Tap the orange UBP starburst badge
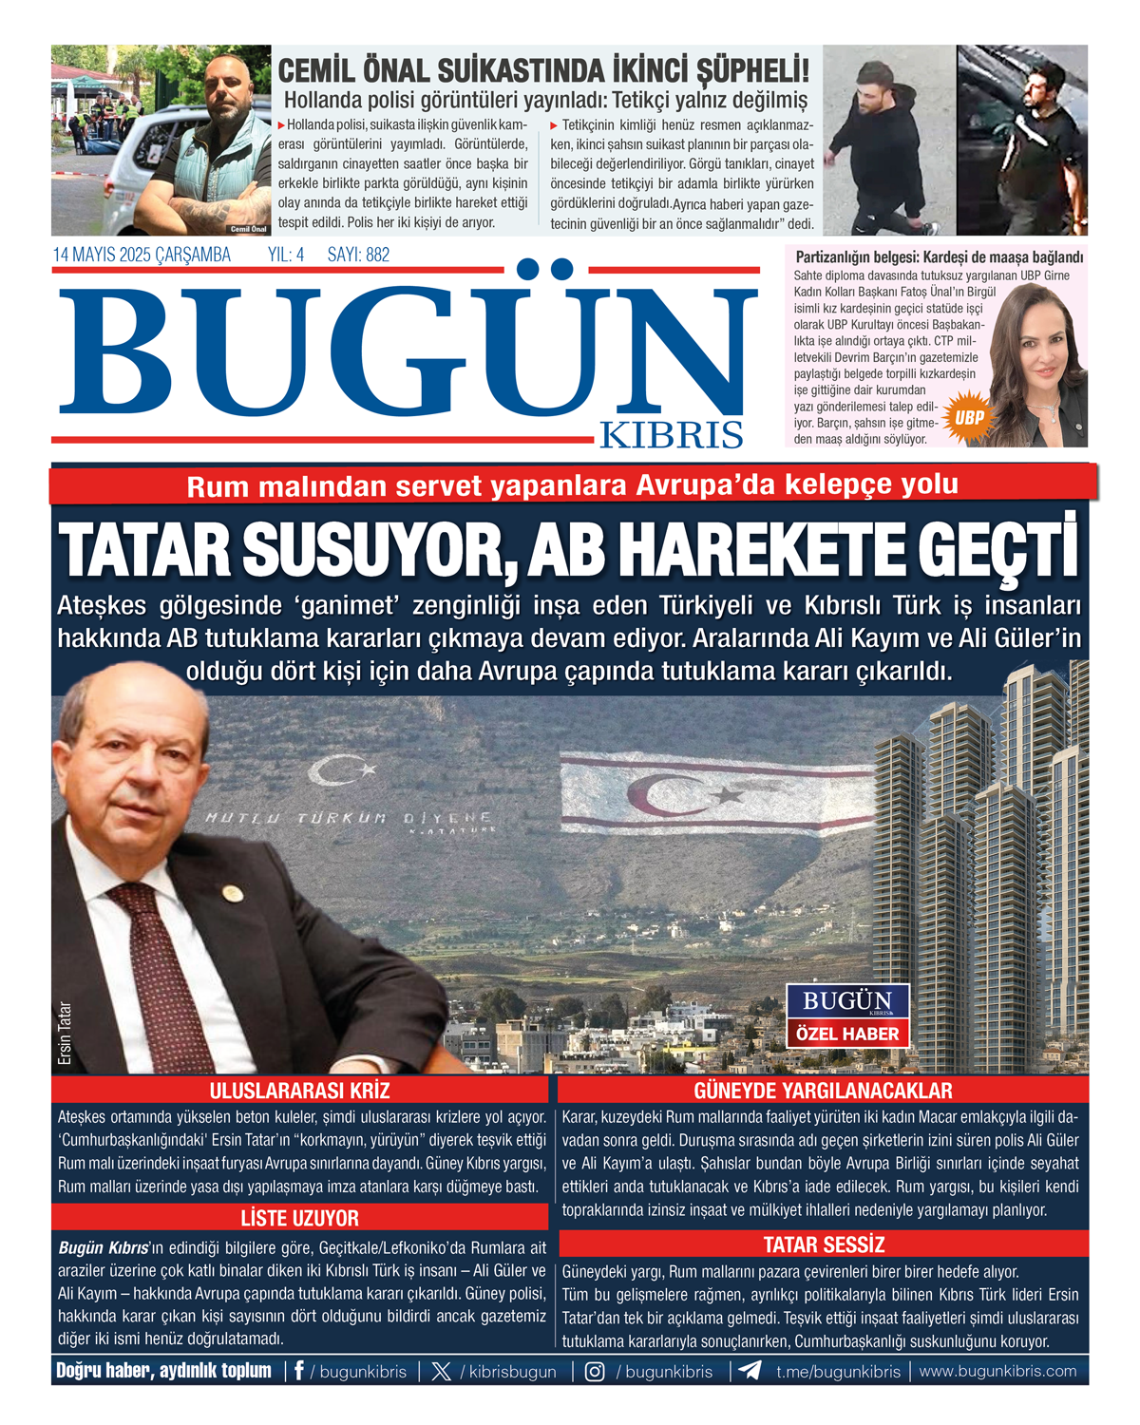pos(969,417)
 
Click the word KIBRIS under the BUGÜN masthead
pos(671,434)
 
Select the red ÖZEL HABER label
pos(847,1034)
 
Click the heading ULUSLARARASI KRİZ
pos(299,1090)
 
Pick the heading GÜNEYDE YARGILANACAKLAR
pos(823,1090)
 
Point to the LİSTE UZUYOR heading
pos(299,1218)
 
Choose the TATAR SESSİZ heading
pos(823,1244)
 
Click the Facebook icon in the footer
pos(299,1371)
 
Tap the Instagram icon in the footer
pos(595,1371)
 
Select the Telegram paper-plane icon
pos(750,1371)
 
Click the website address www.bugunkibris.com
pos(997,1371)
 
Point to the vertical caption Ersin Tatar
pos(65,1033)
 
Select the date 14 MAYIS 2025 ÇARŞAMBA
pos(142,255)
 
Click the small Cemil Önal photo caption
pos(248,229)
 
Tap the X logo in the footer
pos(441,1371)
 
